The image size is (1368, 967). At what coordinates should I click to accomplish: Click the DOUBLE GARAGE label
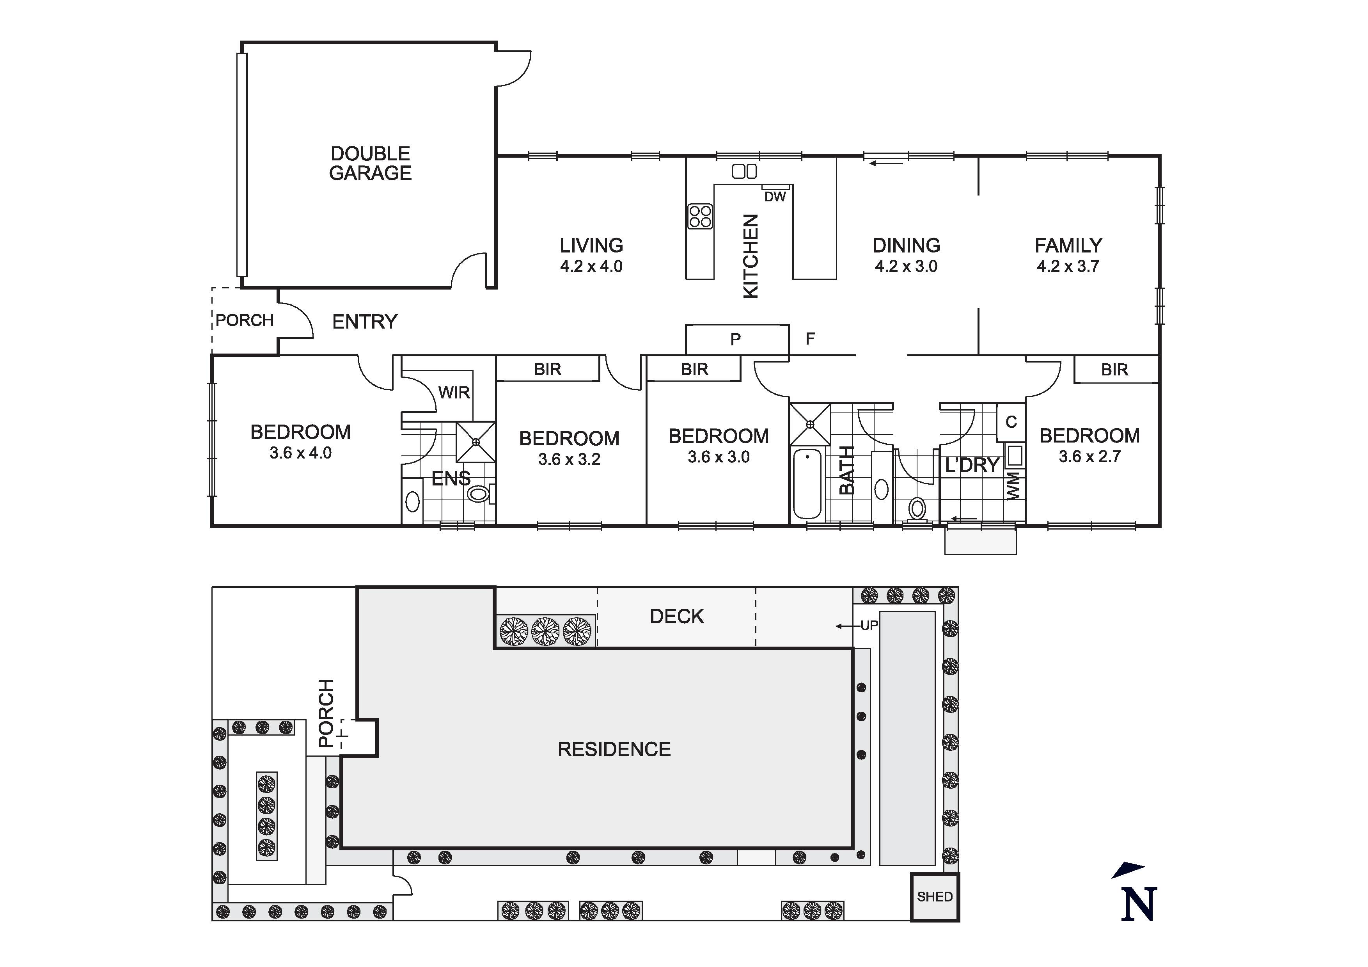370,164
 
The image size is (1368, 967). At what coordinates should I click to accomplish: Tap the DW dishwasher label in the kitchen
775,197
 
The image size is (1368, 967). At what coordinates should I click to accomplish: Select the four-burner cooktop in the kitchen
700,217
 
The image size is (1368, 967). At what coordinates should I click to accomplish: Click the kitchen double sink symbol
744,172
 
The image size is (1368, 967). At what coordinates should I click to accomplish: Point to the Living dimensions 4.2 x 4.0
591,267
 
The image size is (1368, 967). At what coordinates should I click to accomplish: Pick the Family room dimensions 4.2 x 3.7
1068,267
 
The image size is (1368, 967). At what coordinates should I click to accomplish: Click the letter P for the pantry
736,339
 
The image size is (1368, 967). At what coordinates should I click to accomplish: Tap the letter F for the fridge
810,339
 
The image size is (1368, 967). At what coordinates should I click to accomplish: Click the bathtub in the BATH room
807,483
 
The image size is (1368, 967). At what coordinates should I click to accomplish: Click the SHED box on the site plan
934,897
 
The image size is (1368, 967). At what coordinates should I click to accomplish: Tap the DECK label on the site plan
677,617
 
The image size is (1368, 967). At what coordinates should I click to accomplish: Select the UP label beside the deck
869,626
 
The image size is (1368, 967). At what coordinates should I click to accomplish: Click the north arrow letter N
1139,905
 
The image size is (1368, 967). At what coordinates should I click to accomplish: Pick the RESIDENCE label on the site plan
614,749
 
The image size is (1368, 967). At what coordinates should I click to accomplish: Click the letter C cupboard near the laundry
1011,422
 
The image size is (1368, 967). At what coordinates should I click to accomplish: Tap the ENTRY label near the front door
365,322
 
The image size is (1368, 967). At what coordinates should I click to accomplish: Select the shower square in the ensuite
476,442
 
